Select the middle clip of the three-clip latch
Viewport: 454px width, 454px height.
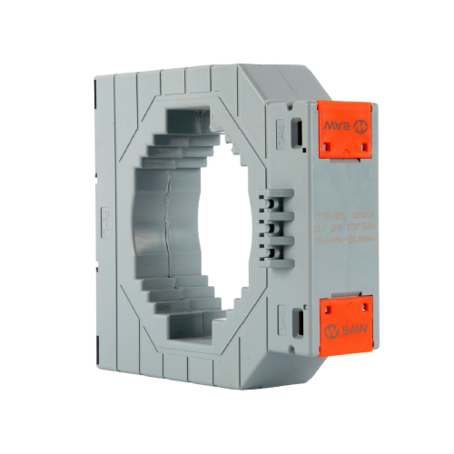270,225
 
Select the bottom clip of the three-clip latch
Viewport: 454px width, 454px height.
271,247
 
